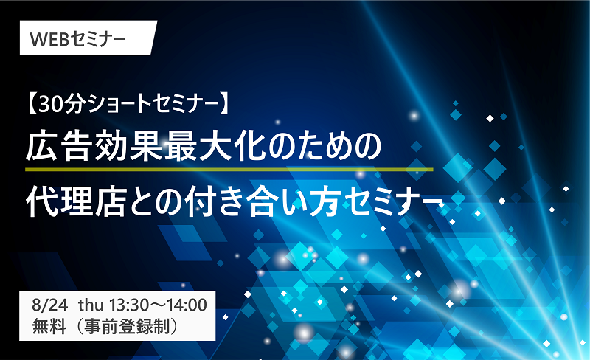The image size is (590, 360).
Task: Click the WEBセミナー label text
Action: click(x=77, y=39)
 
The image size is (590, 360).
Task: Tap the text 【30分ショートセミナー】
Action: click(x=128, y=103)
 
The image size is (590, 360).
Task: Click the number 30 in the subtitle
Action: click(x=50, y=104)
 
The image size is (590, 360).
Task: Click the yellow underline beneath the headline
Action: click(x=229, y=170)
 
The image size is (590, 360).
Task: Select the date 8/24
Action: click(x=49, y=305)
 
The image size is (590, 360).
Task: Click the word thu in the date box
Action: click(x=91, y=305)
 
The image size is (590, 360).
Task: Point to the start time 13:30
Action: click(x=128, y=305)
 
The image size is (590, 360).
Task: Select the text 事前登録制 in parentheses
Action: click(x=127, y=326)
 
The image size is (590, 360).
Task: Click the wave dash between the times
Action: click(x=157, y=305)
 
